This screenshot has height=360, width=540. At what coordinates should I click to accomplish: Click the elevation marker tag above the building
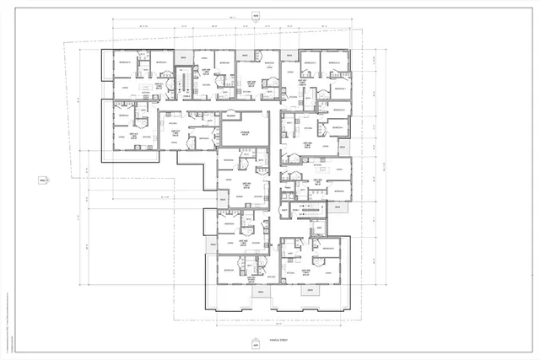coord(256,16)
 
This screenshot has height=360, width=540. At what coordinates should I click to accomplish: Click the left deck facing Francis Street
coord(259,292)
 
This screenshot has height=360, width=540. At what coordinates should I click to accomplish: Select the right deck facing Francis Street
coord(311,292)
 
